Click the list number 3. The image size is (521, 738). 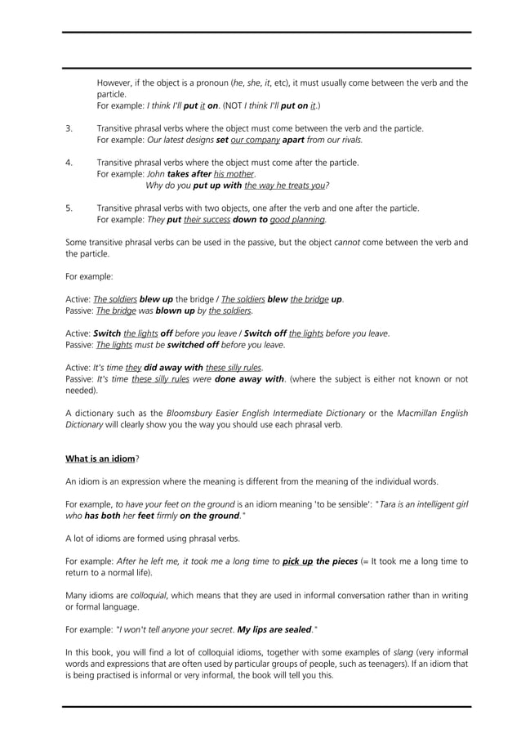point(69,128)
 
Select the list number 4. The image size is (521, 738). point(69,163)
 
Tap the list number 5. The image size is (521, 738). point(69,208)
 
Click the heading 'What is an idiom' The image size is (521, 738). point(100,458)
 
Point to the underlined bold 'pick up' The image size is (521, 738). point(297,561)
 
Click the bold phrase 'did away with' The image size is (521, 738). point(173,367)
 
